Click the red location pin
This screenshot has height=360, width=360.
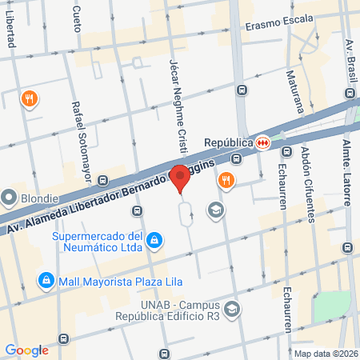tap(181, 178)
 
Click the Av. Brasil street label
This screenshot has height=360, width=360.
tap(350, 63)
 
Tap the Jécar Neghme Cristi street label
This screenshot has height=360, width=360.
tap(176, 104)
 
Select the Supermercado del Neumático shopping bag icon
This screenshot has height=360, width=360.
tap(157, 240)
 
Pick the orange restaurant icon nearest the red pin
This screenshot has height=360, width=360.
tap(226, 180)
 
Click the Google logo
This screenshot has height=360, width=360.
tap(27, 350)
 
